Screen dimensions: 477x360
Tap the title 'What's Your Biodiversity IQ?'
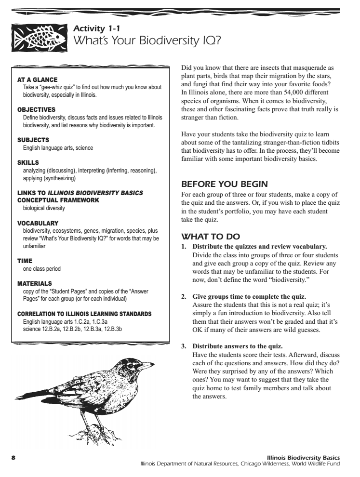click(146, 41)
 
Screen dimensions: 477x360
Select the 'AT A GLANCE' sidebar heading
click(38, 79)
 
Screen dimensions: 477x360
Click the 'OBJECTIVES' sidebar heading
click(37, 110)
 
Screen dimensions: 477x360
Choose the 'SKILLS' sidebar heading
click(28, 163)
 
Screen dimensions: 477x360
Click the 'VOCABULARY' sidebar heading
click(38, 223)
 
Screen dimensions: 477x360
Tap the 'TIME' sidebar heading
click(25, 261)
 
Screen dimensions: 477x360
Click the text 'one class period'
click(42, 268)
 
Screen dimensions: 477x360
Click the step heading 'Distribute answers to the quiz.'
click(238, 346)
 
